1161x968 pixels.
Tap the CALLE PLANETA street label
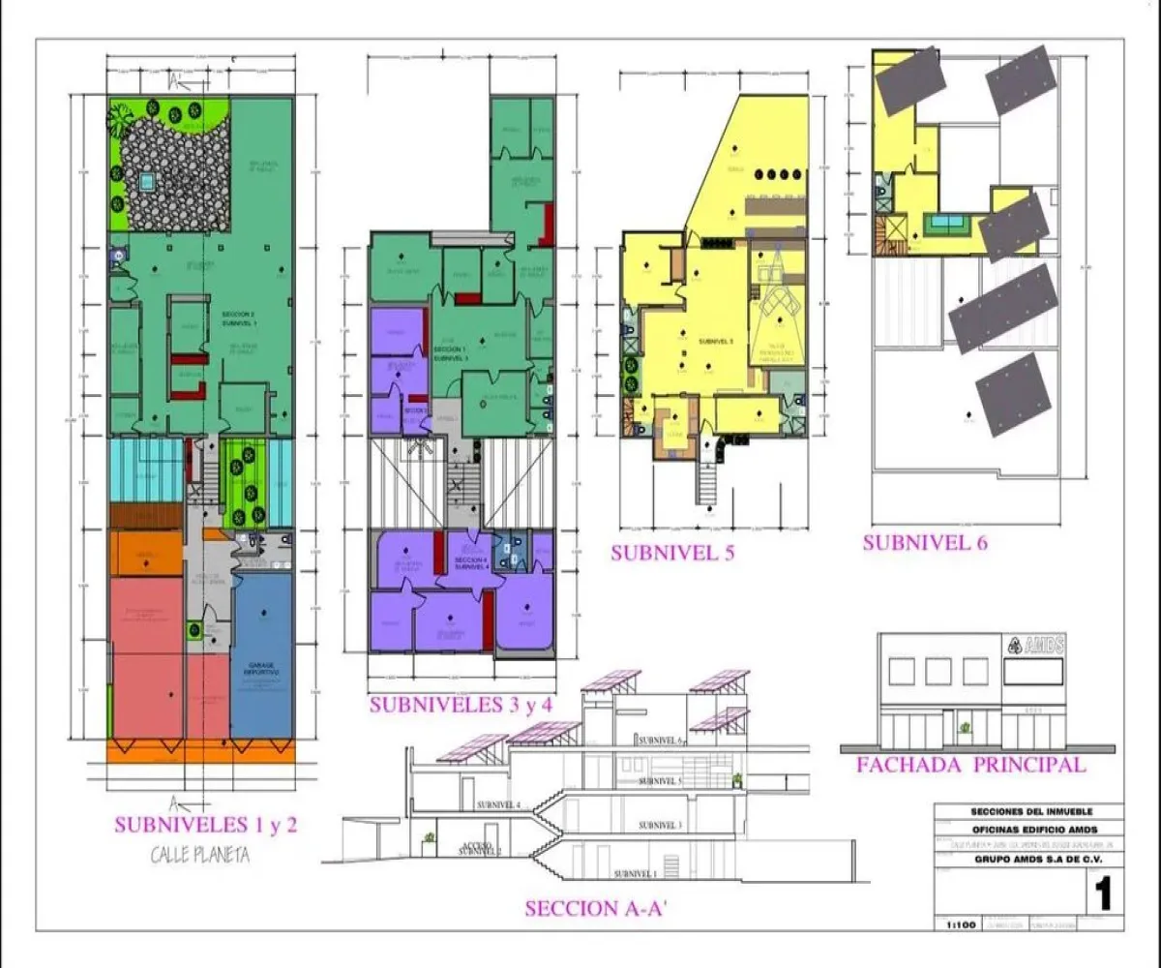pyautogui.click(x=200, y=855)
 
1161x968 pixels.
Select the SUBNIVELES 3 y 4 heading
pyautogui.click(x=461, y=705)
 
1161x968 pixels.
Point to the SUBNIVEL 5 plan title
pyautogui.click(x=672, y=554)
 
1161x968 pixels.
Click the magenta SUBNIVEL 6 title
pyautogui.click(x=925, y=542)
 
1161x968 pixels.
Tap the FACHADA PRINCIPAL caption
pyautogui.click(x=970, y=765)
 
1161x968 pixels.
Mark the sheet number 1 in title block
pyautogui.click(x=1101, y=892)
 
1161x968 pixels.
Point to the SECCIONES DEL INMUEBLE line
pyautogui.click(x=1027, y=812)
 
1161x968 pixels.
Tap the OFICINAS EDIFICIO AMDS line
pyautogui.click(x=1027, y=829)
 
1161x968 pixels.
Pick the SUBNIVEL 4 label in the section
pyautogui.click(x=499, y=804)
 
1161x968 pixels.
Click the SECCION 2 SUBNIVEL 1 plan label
pyautogui.click(x=239, y=318)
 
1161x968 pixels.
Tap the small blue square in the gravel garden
pyautogui.click(x=147, y=180)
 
